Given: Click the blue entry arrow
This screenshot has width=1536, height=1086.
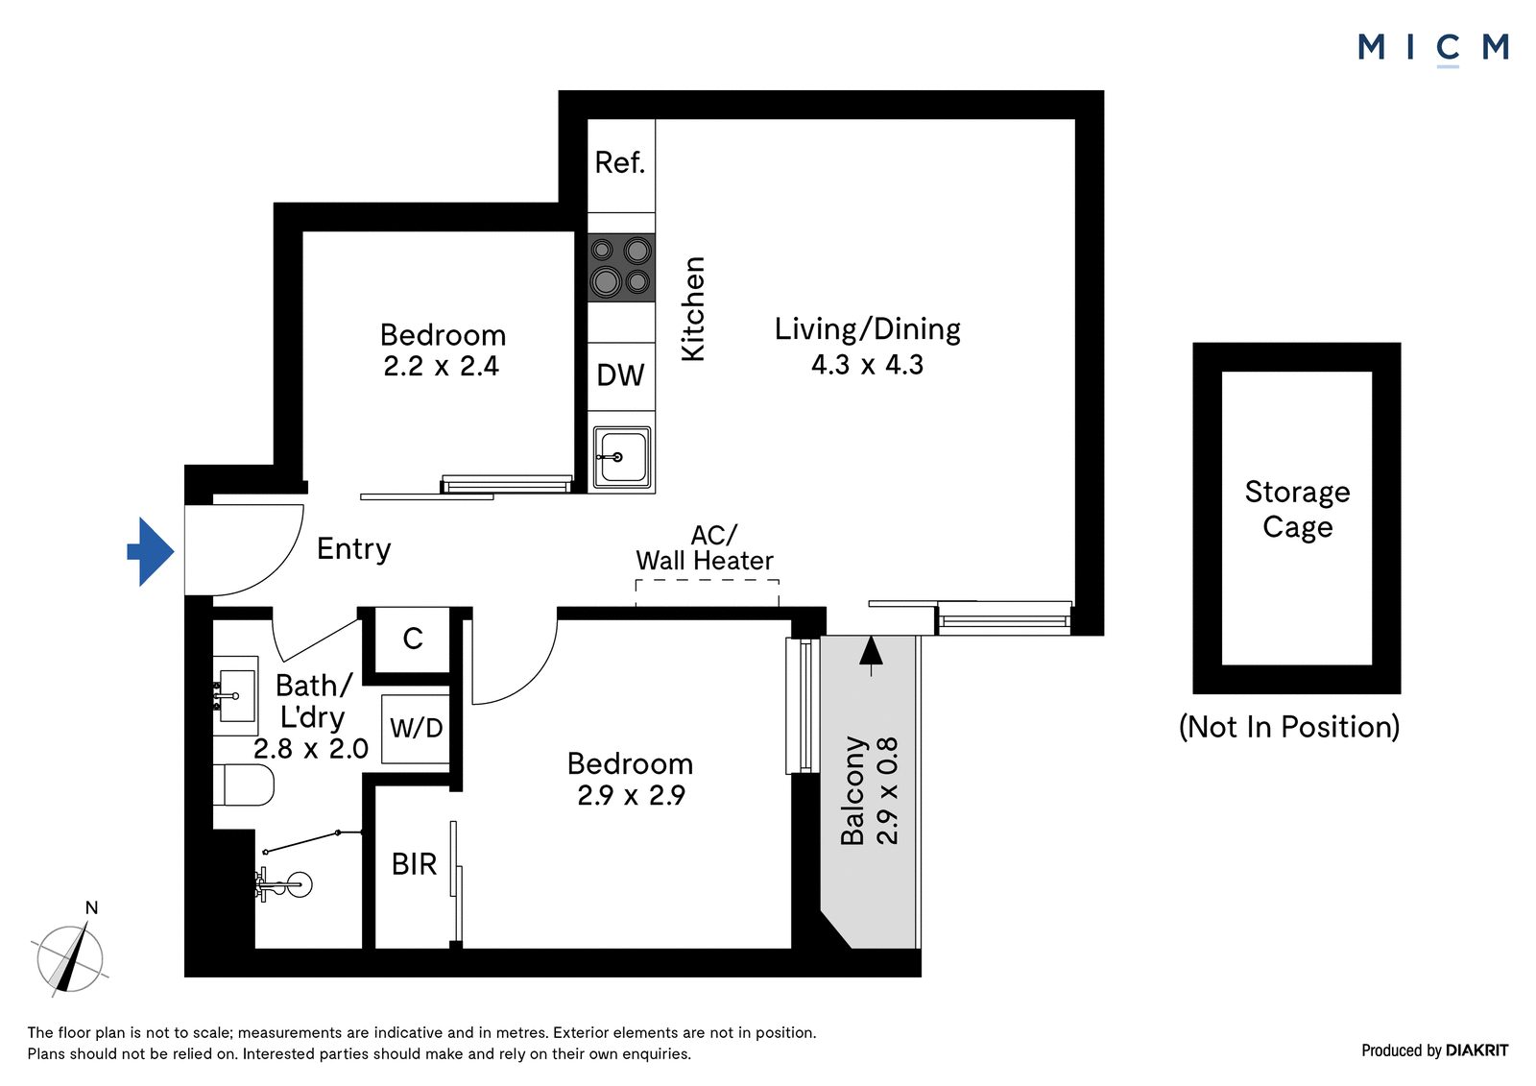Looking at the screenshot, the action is tap(151, 551).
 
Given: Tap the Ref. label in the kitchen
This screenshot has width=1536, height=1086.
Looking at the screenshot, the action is tap(620, 162).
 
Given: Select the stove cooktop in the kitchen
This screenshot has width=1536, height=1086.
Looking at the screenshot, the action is tap(621, 267).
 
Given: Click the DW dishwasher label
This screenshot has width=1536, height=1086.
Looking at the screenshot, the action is tap(620, 375).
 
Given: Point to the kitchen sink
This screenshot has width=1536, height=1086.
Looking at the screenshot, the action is tap(621, 457).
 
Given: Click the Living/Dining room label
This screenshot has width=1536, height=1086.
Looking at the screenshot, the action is tap(868, 329).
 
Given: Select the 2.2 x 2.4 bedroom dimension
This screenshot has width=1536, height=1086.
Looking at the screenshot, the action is tap(441, 367).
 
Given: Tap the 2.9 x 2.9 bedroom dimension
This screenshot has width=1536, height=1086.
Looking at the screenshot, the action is tap(631, 795).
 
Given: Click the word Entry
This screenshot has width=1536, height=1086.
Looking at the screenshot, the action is tap(354, 549).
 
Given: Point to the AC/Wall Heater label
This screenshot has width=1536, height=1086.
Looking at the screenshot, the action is tap(705, 547).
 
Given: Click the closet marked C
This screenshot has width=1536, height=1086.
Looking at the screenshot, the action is tap(413, 640).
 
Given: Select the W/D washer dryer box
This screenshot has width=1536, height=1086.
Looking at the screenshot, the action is tap(416, 729).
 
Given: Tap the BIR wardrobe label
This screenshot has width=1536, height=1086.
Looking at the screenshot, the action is tap(414, 864).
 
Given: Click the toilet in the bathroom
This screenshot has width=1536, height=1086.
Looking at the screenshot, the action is tap(244, 784).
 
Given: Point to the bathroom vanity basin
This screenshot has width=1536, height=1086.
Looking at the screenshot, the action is tap(235, 695).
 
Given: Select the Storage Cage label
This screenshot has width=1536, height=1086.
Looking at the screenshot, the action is tap(1297, 509).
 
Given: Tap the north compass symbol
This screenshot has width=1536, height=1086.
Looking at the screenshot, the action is tap(70, 957).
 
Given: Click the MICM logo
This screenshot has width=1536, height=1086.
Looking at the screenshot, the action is tap(1433, 49).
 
